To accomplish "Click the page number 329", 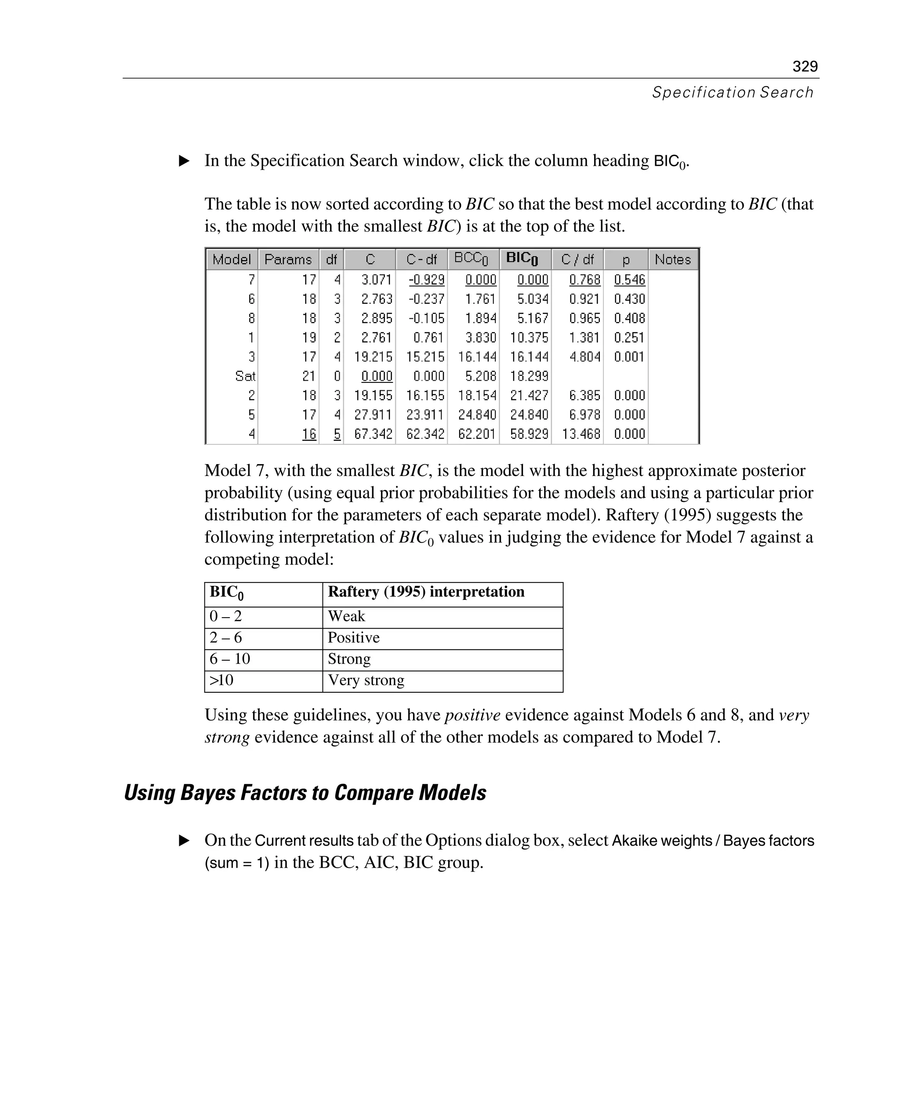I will pos(805,66).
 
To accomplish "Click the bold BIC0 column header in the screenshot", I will pos(522,259).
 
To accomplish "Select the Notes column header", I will pos(672,259).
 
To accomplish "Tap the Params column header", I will pos(288,259).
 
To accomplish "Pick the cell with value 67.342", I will pos(373,434).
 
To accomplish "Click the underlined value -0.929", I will pos(426,280).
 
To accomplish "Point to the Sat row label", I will pos(245,376).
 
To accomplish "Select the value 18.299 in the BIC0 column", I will pos(529,376).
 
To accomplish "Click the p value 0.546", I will pos(629,280).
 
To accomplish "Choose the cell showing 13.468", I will pos(581,434).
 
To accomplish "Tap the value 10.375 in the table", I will pos(529,338).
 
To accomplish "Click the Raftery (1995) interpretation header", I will pos(426,592).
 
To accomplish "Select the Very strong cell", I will pos(366,680).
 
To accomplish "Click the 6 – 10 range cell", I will pos(230,658).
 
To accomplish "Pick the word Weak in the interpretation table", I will pos(346,616).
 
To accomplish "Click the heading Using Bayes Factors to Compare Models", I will pos(305,793).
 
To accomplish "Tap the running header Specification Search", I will pos(732,92).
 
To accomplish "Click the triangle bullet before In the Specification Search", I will pos(184,161).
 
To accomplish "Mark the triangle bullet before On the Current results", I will pos(184,840).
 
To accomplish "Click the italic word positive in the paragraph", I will pos(472,715).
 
